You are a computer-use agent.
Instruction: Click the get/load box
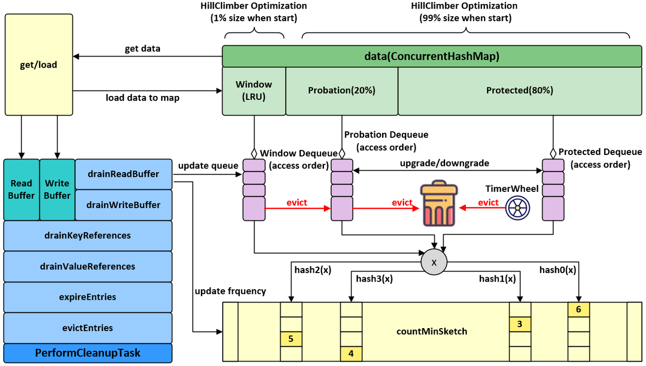(39, 65)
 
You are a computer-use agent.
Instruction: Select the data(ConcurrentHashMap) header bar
(432, 57)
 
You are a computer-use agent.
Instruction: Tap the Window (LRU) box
(254, 91)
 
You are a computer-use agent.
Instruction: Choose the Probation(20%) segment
(342, 91)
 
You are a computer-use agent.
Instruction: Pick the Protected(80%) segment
(519, 91)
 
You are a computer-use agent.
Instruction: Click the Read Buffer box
(21, 189)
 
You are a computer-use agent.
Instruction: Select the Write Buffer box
(57, 189)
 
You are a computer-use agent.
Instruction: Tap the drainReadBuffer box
(124, 174)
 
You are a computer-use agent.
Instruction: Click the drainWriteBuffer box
(124, 205)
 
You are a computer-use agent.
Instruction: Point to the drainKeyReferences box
(88, 236)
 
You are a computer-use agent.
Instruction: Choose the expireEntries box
(88, 297)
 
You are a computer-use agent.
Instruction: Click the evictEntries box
(88, 328)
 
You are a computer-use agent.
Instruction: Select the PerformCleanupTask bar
(88, 353)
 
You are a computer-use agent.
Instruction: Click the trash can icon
(439, 204)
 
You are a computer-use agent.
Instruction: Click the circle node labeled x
(434, 263)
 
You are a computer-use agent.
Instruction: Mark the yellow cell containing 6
(578, 309)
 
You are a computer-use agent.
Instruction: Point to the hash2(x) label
(313, 270)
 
